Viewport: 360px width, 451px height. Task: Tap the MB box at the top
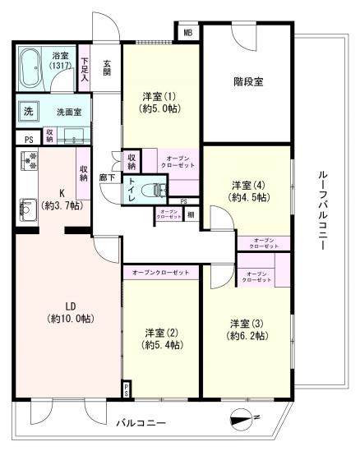187,34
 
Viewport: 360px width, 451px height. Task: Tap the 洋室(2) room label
162,338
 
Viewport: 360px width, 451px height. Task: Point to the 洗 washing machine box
27,113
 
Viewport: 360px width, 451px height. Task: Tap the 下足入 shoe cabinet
85,71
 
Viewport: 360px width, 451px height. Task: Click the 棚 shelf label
190,214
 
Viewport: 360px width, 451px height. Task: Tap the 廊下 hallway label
106,176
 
